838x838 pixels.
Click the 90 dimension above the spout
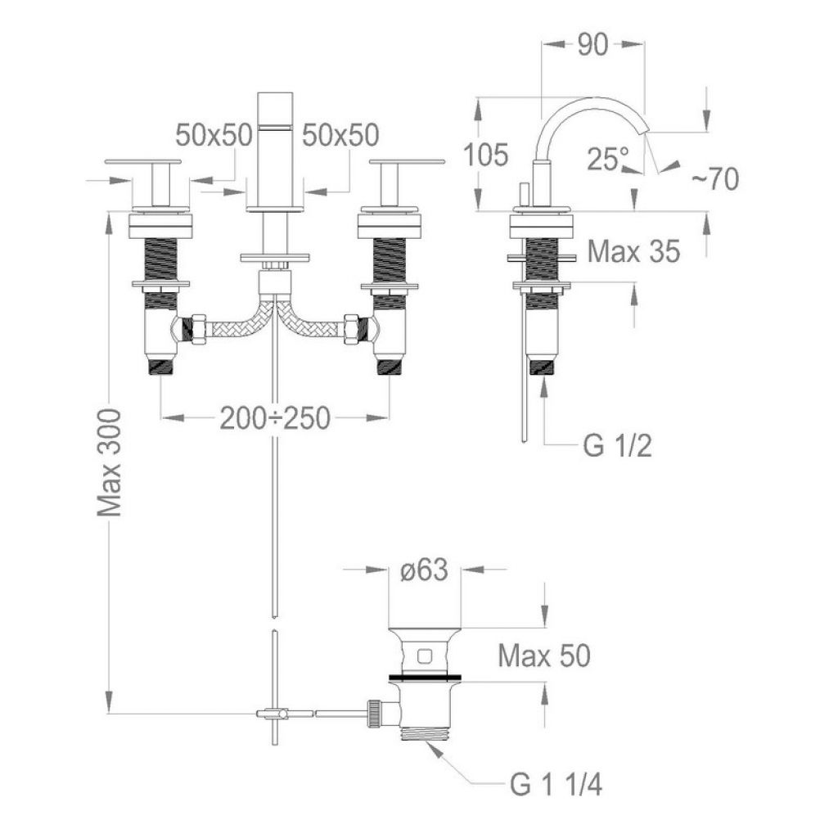click(x=592, y=46)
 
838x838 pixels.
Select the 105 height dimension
click(x=485, y=155)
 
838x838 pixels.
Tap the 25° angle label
click(x=608, y=159)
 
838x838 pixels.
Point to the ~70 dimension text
click(x=715, y=178)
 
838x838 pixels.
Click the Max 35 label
click(x=634, y=251)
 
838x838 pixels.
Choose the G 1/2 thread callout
click(x=618, y=445)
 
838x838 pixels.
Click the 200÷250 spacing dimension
click(x=275, y=418)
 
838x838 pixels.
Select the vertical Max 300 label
click(x=110, y=463)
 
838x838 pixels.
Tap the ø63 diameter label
click(x=424, y=570)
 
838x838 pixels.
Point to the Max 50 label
click(x=544, y=656)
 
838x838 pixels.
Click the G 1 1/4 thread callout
click(x=556, y=785)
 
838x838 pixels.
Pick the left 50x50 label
click(x=214, y=135)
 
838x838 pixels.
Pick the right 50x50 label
click(x=340, y=135)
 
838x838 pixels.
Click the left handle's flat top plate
click(x=143, y=161)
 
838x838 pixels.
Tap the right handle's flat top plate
click(x=407, y=161)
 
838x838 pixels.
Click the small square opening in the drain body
click(x=425, y=655)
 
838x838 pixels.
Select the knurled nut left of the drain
click(x=374, y=713)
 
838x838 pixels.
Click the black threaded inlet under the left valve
click(x=161, y=367)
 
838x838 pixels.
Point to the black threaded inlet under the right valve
click(x=389, y=367)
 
